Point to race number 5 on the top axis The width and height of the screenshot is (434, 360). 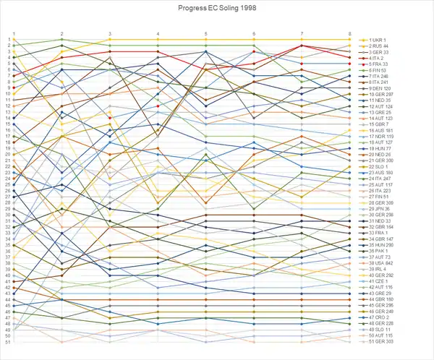pos(206,33)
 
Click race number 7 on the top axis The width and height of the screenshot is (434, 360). pos(302,33)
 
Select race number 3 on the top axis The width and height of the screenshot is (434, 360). pos(110,33)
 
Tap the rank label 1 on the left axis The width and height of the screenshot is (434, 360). pos(7,39)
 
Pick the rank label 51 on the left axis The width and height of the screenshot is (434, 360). pos(7,342)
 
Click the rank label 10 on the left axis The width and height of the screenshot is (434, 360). pos(7,94)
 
